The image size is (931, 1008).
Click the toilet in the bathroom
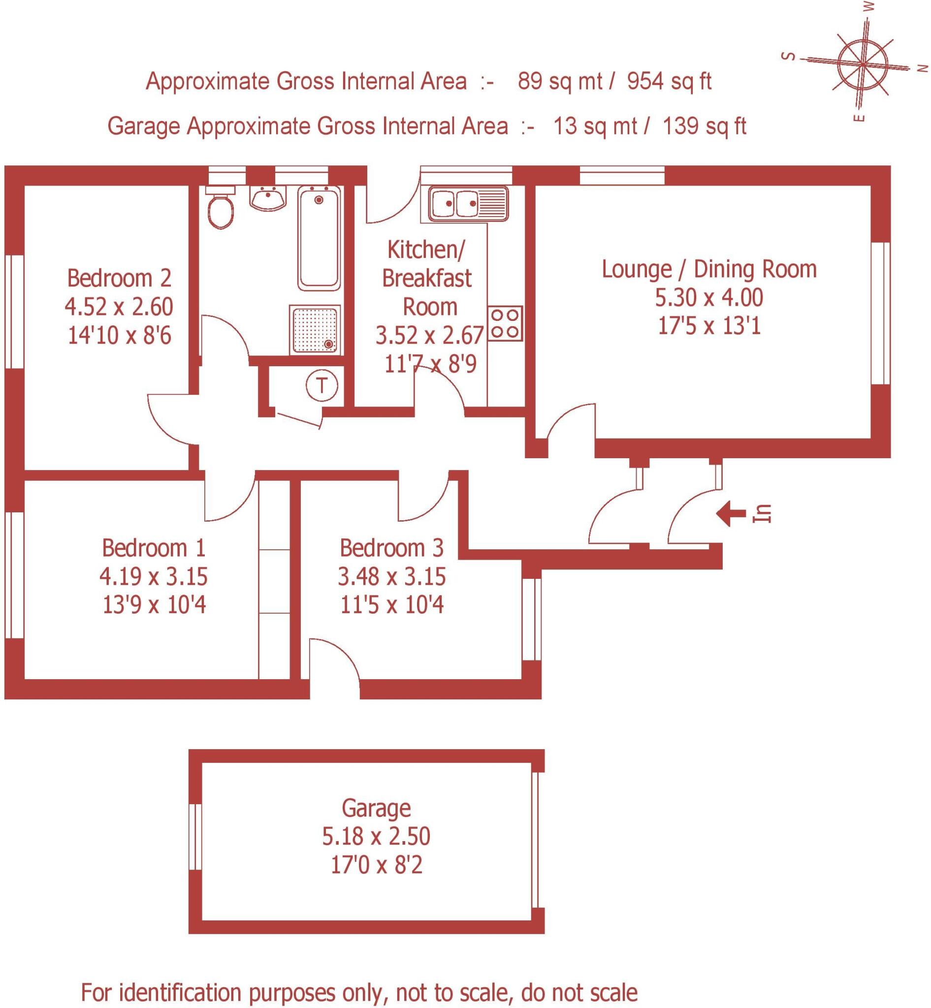(x=220, y=209)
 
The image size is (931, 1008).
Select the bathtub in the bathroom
(x=319, y=238)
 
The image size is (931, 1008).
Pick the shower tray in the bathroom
(x=315, y=329)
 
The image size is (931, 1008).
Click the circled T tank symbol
(x=321, y=386)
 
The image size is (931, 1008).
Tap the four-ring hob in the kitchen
(x=505, y=323)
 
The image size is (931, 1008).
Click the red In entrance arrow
(x=731, y=514)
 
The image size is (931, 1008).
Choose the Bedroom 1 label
(x=154, y=548)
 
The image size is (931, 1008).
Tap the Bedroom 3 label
(x=391, y=548)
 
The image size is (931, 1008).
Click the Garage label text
(x=376, y=808)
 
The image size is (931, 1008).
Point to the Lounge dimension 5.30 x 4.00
(x=708, y=298)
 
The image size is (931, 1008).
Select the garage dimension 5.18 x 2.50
(x=376, y=836)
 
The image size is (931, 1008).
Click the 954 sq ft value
(x=669, y=81)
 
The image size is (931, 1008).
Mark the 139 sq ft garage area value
(x=704, y=126)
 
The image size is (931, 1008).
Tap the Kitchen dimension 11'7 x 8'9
(x=430, y=364)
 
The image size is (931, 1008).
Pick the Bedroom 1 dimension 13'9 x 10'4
(x=154, y=604)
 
